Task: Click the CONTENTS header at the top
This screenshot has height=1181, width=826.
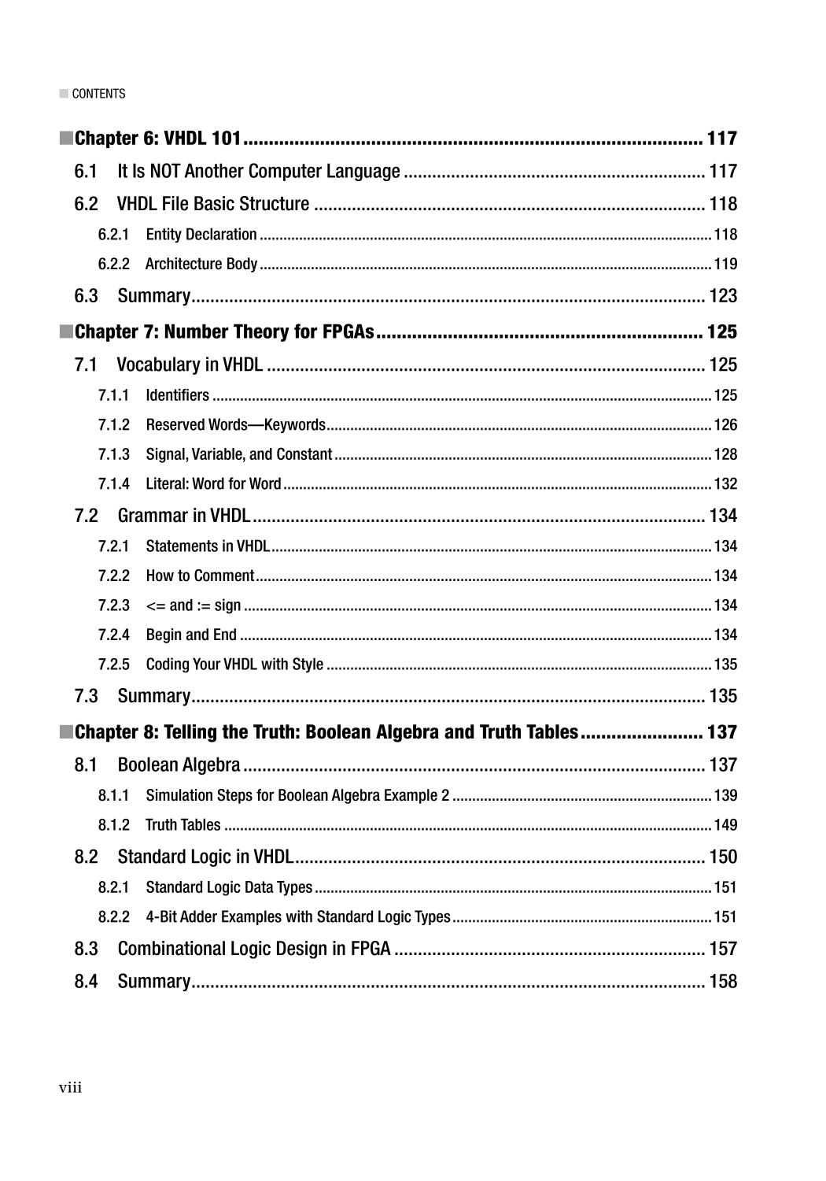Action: point(98,94)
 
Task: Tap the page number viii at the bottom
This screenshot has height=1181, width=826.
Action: point(70,1088)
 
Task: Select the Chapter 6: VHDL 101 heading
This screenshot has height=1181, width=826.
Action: point(157,139)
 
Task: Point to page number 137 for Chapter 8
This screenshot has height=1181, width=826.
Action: point(722,732)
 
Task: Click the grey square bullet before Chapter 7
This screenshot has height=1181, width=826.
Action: point(65,331)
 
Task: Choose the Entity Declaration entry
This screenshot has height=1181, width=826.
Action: point(201,235)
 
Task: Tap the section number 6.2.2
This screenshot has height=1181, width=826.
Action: point(114,264)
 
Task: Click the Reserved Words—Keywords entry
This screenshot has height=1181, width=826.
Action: point(235,425)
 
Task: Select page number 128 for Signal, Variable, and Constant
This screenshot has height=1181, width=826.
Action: point(725,454)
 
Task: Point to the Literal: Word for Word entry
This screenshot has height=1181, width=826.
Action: point(213,483)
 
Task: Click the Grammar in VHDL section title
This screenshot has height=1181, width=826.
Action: point(183,516)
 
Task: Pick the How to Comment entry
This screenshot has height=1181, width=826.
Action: point(200,576)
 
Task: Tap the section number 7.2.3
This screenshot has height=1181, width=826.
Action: point(114,605)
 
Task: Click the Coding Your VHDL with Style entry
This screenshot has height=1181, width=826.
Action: point(234,665)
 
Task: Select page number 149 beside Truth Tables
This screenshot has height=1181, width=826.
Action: point(725,825)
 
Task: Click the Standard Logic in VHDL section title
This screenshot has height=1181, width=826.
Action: point(205,857)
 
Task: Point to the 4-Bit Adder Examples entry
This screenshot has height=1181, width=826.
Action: point(297,916)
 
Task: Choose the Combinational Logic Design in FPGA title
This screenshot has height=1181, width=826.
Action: point(253,949)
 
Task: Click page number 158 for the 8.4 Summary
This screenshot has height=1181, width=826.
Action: point(723,981)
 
